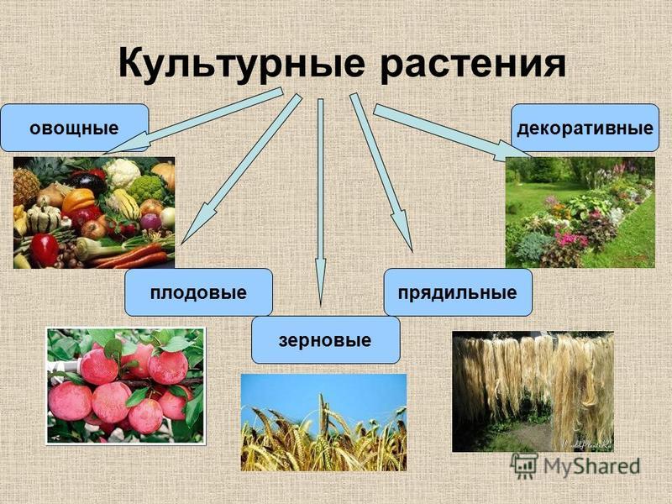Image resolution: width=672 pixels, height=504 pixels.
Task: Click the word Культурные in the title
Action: [x=242, y=64]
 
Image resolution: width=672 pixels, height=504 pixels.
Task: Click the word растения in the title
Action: [x=473, y=66]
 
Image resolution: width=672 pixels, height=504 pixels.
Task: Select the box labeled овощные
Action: [x=75, y=128]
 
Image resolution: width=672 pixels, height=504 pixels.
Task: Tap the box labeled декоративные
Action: [x=585, y=128]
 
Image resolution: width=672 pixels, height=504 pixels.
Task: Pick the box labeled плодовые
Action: [x=198, y=292]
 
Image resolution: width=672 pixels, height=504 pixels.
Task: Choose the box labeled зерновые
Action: [x=325, y=340]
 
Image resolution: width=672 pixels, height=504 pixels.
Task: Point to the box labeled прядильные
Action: [x=458, y=292]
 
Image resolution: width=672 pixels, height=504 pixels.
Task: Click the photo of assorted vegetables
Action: [x=94, y=213]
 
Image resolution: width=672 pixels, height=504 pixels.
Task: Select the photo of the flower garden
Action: [x=580, y=213]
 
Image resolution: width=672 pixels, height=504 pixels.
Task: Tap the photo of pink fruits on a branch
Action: [x=125, y=386]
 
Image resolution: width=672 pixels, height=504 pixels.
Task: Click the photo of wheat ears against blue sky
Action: [x=323, y=423]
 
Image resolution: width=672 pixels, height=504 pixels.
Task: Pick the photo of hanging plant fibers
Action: [x=533, y=391]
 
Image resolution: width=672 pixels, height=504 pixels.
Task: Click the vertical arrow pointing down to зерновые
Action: [x=321, y=202]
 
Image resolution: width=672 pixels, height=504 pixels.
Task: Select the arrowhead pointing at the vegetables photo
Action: [x=127, y=144]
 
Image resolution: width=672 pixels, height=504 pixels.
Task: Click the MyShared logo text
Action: [x=592, y=466]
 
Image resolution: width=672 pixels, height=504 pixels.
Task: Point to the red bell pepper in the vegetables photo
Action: [x=45, y=249]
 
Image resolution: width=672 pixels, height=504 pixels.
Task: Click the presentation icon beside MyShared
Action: [x=524, y=466]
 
